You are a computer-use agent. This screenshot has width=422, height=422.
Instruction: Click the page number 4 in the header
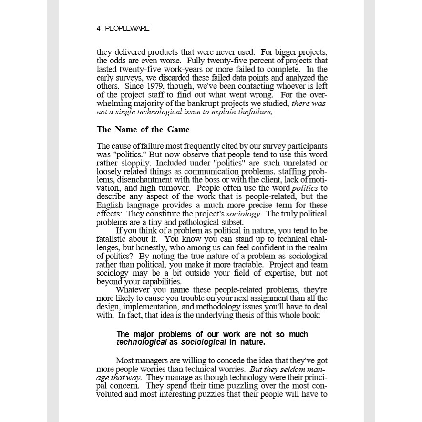tap(98, 29)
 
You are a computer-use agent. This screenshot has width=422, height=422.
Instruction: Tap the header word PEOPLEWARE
tap(127, 29)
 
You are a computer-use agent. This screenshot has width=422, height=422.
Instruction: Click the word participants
tap(306, 146)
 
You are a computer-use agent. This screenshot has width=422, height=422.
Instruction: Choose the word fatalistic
tap(112, 239)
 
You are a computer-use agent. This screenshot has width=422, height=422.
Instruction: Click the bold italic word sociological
tap(204, 342)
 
